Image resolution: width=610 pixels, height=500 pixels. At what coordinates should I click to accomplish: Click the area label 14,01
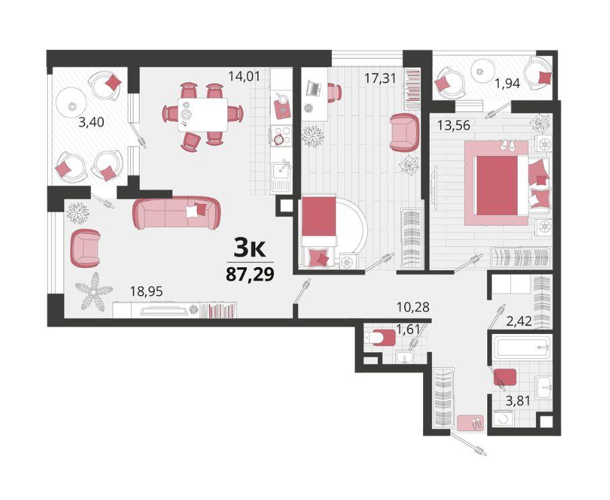(x=244, y=76)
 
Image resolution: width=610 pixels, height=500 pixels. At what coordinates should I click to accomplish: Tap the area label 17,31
(x=380, y=78)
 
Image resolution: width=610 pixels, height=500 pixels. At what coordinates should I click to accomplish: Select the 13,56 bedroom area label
(x=453, y=126)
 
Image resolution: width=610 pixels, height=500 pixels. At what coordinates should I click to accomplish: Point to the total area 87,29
(x=250, y=274)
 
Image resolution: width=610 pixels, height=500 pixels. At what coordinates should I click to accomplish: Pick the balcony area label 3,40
(x=91, y=123)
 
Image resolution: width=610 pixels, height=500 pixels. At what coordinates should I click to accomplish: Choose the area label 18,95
(x=146, y=291)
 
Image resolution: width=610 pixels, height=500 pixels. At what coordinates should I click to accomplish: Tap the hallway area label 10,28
(x=413, y=307)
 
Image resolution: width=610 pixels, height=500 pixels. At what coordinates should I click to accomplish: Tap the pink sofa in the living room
(x=177, y=213)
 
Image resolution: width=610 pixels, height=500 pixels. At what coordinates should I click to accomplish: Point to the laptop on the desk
(x=314, y=88)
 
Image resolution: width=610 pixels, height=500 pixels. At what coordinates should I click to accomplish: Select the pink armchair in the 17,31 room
(x=404, y=132)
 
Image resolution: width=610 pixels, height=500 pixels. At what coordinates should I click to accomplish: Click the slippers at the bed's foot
(x=507, y=145)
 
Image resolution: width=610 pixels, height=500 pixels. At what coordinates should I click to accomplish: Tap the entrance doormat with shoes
(x=470, y=423)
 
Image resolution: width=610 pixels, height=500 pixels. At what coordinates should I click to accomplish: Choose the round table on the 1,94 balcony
(x=482, y=70)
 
